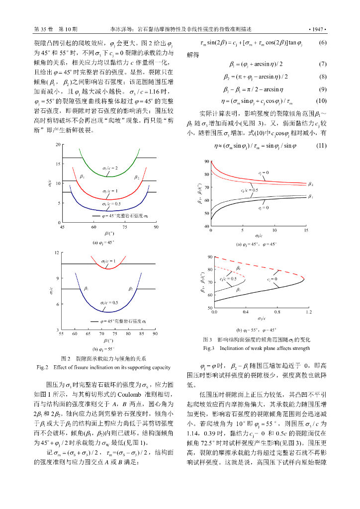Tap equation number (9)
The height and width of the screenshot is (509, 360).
[x=322, y=89]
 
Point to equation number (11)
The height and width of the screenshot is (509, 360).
[x=322, y=146]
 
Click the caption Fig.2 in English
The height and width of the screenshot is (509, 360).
[x=103, y=367]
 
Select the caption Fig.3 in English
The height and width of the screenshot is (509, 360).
[x=257, y=348]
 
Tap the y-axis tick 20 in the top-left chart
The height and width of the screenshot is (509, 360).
[x=58, y=144]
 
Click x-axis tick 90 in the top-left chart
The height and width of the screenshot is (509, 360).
[x=156, y=227]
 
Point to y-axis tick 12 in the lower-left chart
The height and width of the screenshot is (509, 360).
[x=57, y=253]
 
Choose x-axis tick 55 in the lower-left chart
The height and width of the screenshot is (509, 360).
[x=62, y=335]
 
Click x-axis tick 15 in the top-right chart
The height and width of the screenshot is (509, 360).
[x=305, y=231]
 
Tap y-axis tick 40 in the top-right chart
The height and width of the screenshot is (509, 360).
[x=207, y=226]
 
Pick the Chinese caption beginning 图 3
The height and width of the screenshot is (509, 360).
[x=257, y=339]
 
